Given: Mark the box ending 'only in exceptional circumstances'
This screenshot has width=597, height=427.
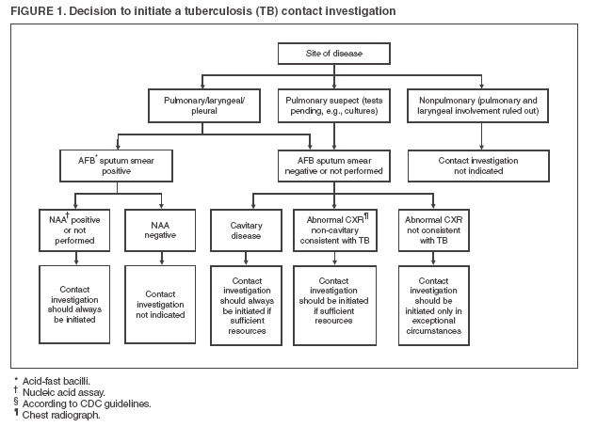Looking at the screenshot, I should [x=435, y=306].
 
